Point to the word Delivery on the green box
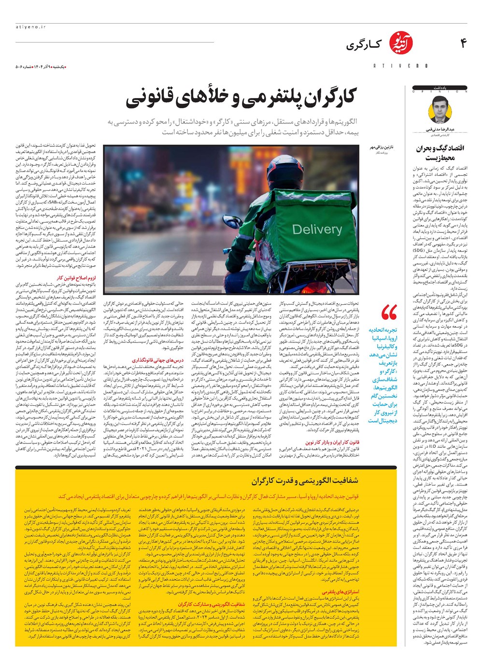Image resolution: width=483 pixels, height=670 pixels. coord(317,229)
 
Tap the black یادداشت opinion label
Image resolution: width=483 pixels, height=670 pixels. coord(440,88)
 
